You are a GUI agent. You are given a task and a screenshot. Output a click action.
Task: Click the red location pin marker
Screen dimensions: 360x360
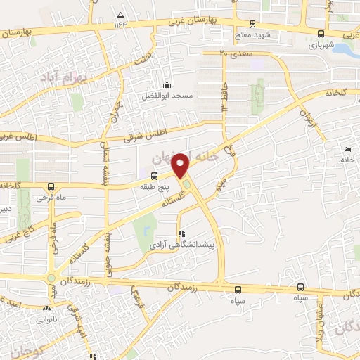click(x=182, y=165)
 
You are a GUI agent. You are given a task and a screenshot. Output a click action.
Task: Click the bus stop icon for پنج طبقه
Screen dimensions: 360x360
click(x=154, y=177)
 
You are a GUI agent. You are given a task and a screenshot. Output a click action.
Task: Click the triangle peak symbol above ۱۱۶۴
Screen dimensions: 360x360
click(x=121, y=15)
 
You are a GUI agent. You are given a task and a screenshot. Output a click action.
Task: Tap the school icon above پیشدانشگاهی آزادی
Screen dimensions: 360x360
click(x=182, y=233)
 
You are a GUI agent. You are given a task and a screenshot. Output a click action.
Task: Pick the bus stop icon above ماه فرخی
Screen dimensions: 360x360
click(x=51, y=187)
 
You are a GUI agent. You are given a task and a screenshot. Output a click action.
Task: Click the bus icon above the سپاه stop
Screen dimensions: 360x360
click(x=238, y=289)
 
